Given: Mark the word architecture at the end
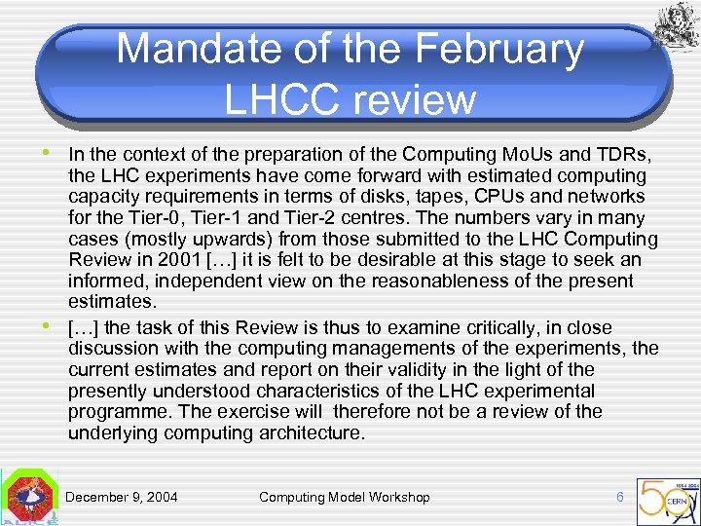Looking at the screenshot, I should coord(305,432).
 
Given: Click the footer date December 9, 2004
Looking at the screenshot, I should coord(122,497).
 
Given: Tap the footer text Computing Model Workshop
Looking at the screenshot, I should coord(344,497).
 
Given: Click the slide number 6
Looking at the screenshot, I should coord(620,497).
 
